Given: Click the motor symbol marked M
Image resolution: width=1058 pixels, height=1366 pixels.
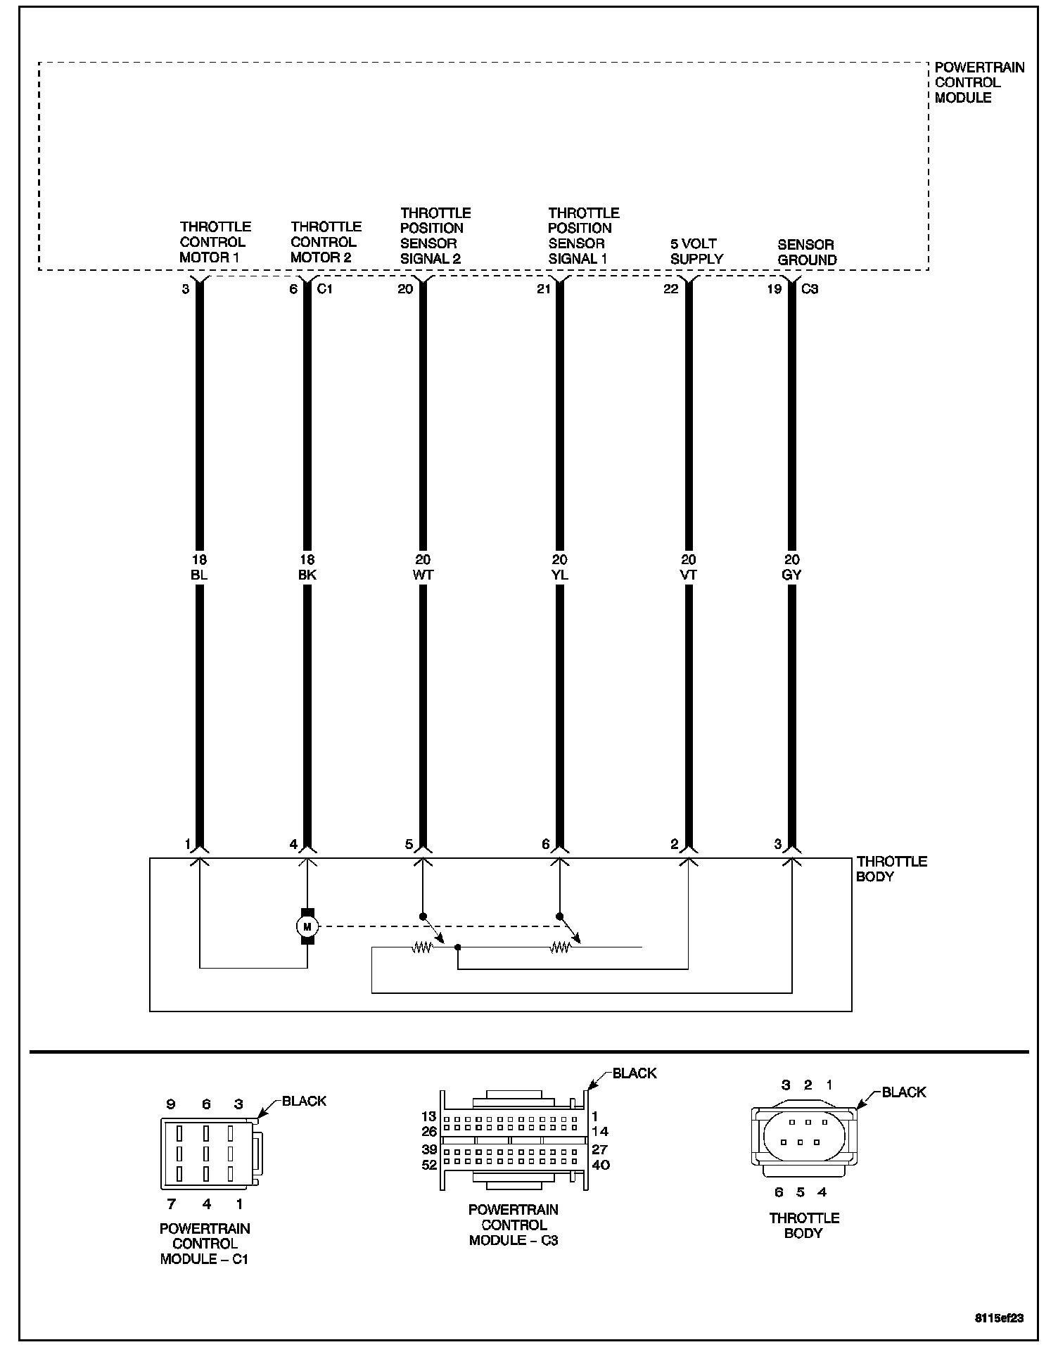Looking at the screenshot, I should point(307,926).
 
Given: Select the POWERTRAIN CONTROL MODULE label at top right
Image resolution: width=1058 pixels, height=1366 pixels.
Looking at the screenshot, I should point(979,83).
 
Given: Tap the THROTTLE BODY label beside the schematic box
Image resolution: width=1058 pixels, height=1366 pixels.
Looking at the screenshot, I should point(891,869).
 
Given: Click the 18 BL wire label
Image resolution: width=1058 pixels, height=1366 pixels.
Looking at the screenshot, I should point(199,567).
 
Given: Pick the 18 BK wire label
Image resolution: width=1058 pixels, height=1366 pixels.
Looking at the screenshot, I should point(307,567).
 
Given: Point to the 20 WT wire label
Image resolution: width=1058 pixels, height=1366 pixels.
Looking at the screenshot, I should point(423,567).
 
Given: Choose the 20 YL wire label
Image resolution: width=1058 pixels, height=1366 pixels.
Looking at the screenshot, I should point(560,567).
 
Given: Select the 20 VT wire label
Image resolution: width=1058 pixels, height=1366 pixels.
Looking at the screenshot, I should point(689,567).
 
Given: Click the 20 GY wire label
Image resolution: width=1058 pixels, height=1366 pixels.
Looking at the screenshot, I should point(792,567).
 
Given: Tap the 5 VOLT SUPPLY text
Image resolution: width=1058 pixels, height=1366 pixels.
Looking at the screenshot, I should point(696,251).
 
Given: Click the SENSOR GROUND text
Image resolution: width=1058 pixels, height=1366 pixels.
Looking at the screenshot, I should point(807,252).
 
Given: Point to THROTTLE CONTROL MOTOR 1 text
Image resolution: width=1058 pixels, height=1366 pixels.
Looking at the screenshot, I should point(215,242).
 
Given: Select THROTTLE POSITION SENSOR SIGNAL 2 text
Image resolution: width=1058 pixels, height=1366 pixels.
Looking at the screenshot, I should point(435,236).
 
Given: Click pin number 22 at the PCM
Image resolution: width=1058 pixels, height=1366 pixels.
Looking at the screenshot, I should point(670,288).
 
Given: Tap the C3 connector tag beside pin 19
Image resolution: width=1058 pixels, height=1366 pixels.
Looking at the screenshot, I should point(810,288).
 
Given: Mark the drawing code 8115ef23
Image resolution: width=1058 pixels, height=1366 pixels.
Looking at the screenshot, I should point(999,1318).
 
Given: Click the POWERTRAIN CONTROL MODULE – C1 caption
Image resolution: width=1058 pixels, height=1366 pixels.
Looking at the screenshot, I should point(205,1244).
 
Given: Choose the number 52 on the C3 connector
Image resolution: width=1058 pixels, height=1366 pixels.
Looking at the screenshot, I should point(429,1165).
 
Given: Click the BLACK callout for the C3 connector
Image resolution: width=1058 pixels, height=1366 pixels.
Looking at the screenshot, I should point(634,1073).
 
